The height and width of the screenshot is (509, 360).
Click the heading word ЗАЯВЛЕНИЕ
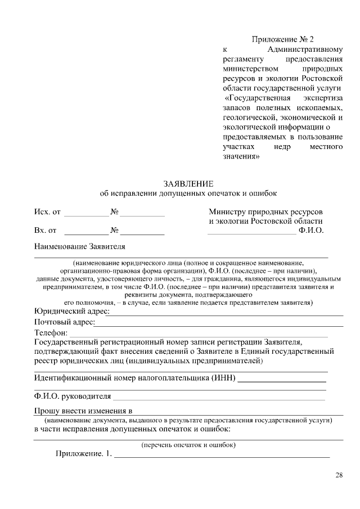[188, 183]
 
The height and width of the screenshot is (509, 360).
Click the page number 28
[339, 475]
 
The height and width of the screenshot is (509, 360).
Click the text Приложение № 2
[282, 39]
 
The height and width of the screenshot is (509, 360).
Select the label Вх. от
[45, 230]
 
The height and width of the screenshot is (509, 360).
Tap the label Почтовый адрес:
[64, 322]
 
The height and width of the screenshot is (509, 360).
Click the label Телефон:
[51, 333]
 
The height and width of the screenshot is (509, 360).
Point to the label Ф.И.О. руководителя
[72, 396]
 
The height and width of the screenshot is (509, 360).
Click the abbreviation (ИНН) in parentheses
[223, 377]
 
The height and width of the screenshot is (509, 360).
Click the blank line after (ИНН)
[278, 381]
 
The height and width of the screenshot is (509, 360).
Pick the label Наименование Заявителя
[79, 246]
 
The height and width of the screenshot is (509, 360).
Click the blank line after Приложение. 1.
[222, 457]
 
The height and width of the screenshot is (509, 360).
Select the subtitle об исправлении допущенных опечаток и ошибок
[188, 193]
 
